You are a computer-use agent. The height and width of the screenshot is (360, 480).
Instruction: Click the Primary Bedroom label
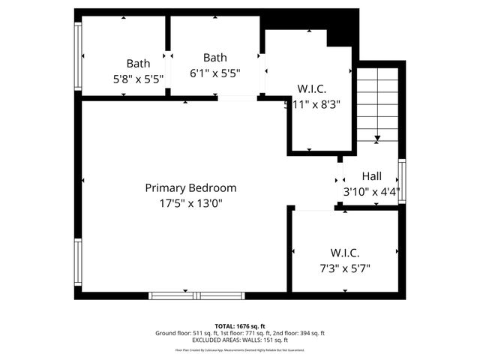tap(190, 188)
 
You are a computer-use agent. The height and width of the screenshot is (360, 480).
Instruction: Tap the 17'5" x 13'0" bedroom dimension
tap(190, 202)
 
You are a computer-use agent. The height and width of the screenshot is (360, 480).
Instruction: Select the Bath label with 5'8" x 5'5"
tap(138, 63)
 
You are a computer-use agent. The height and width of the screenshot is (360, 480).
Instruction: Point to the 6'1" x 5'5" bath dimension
tap(215, 74)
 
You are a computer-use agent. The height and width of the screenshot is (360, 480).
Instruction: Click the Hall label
tap(371, 176)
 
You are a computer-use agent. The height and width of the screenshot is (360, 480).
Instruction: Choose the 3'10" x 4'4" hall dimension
tap(371, 191)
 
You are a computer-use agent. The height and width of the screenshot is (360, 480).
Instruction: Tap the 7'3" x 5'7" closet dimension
tap(346, 267)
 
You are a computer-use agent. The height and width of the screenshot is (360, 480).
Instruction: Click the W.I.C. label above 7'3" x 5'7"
tap(345, 253)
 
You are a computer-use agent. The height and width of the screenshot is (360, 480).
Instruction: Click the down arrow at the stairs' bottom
tap(377, 137)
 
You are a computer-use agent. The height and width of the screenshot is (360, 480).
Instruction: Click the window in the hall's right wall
tap(402, 181)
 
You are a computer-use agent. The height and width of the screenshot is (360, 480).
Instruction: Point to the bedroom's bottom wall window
tap(187, 295)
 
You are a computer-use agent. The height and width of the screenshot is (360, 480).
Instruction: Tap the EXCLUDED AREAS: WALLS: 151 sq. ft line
tap(240, 340)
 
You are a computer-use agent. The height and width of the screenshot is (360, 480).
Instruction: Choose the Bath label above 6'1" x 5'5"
tap(215, 58)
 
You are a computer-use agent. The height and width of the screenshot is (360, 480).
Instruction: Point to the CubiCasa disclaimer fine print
tap(240, 349)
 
